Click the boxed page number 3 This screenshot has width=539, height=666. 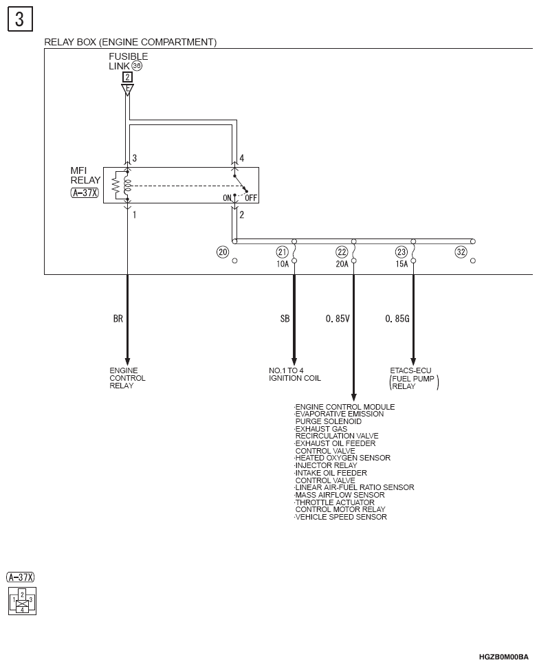coord(20,19)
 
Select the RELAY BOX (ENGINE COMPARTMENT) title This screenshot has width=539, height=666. coord(131,42)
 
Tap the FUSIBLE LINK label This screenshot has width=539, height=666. coord(129,61)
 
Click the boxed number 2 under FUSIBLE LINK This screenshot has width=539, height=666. coord(127,77)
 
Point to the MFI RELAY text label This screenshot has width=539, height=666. coord(85,175)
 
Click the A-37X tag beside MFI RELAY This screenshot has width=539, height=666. coord(85,193)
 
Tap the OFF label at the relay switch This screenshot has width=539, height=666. coord(251,198)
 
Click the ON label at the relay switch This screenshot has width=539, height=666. coord(228,198)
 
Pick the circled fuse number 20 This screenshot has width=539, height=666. coord(223,252)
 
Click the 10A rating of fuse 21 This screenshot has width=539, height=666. coord(283,264)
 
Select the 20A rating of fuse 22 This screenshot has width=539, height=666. coord(342,264)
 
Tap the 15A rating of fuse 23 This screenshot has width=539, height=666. coord(401,264)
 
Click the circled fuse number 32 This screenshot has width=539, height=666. coord(461,252)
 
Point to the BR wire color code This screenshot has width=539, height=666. coord(118,318)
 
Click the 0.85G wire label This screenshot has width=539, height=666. coord(397,318)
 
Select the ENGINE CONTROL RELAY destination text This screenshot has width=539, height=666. coord(127,378)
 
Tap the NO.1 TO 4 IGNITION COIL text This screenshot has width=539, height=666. coord(295,374)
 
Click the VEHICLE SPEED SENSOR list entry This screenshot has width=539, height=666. coord(340,517)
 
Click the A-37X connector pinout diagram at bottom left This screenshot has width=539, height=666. coord(22,601)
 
